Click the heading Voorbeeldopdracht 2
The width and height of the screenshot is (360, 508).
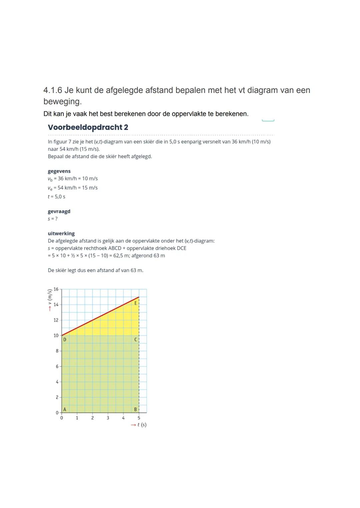tap(88, 127)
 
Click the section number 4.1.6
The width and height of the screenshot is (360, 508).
tap(53, 90)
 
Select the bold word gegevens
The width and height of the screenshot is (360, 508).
tap(59, 171)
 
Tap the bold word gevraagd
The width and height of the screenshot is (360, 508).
tap(59, 211)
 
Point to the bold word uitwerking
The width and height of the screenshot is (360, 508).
tap(61, 234)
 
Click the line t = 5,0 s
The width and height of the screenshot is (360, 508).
tap(56, 197)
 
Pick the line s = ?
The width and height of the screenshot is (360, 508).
tap(52, 219)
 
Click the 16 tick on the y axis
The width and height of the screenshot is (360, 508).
tap(56, 289)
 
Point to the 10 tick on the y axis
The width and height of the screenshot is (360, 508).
tap(56, 335)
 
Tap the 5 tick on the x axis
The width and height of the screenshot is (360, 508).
tap(139, 418)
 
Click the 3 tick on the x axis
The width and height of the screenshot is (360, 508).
tap(108, 418)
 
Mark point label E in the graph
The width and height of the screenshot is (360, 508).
tap(135, 303)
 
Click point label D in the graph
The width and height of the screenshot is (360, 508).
tap(65, 339)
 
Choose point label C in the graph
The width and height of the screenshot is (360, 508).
tap(135, 339)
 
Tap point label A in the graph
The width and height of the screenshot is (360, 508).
tap(65, 409)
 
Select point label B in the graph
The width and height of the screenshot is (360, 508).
tap(135, 409)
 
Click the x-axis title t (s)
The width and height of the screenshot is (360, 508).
tap(142, 425)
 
